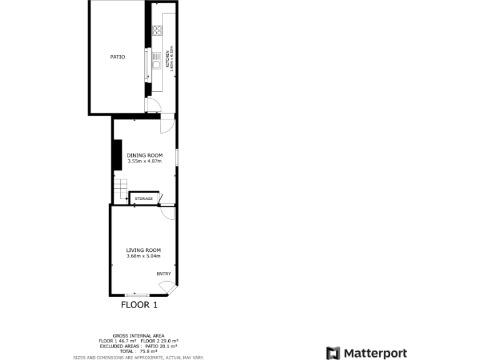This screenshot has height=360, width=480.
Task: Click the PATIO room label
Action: (117, 57)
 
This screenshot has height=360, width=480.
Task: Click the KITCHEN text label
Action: (167, 57)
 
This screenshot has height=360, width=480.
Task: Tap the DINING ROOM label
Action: (144, 155)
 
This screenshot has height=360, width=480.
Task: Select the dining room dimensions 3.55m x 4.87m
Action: (144, 161)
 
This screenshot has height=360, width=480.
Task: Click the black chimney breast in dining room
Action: (117, 154)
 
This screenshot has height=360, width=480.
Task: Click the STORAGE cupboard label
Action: (143, 199)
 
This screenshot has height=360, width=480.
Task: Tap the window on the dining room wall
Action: (176, 157)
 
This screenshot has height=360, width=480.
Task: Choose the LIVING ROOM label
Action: (143, 250)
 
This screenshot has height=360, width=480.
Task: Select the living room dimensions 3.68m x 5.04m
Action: (143, 256)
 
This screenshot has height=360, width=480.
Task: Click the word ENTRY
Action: (163, 273)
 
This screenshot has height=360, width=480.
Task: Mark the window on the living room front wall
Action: (137, 294)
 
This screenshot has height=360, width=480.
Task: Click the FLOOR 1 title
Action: (139, 305)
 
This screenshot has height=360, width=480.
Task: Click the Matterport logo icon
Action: (334, 353)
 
